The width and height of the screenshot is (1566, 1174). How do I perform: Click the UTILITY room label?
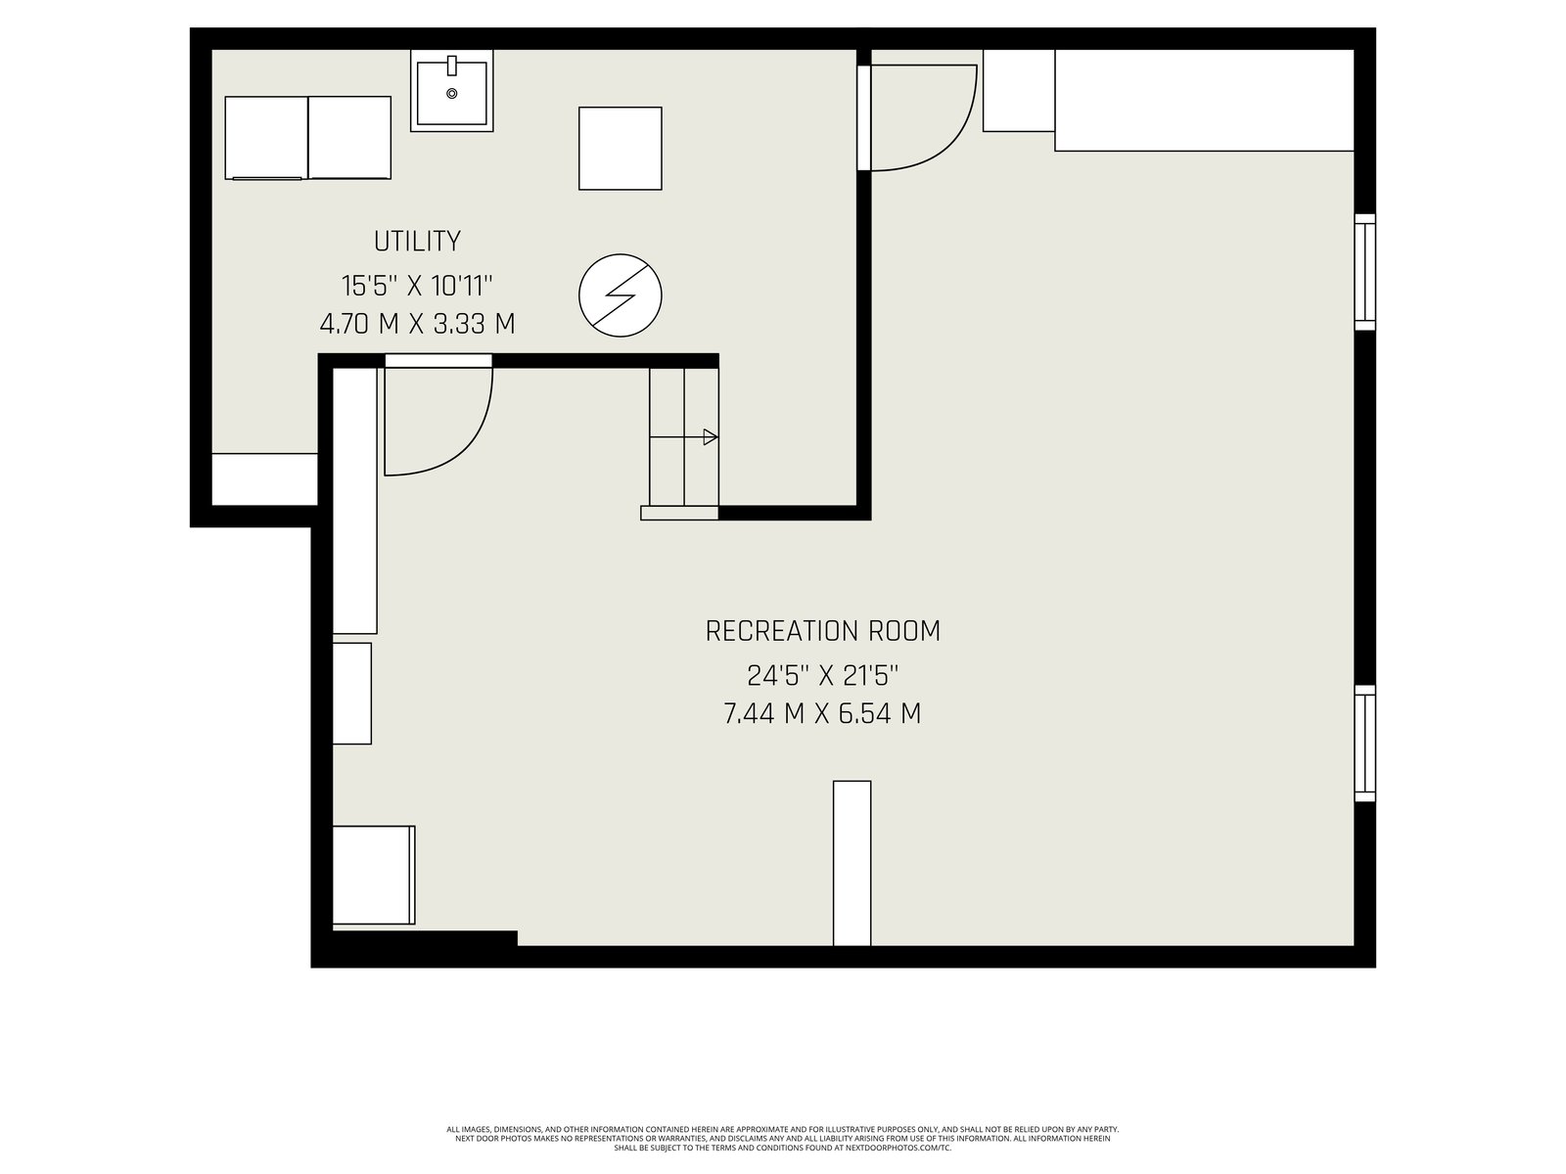click(x=417, y=242)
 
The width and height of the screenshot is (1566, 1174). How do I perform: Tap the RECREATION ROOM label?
click(x=822, y=632)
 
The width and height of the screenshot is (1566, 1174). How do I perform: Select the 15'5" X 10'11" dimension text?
click(x=417, y=287)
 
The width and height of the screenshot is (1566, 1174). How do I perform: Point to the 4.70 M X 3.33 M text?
click(x=417, y=325)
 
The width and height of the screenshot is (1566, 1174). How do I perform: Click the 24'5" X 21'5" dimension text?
click(x=822, y=676)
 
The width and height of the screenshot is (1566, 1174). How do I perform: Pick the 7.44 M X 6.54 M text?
click(x=822, y=713)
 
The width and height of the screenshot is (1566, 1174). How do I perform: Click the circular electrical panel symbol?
click(x=620, y=295)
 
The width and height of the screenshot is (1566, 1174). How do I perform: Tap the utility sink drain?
click(x=451, y=93)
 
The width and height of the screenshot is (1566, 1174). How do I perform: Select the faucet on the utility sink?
click(x=451, y=66)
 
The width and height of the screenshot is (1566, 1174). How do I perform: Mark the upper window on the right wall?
click(x=1364, y=272)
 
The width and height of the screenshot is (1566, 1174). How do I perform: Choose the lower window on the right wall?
click(x=1364, y=744)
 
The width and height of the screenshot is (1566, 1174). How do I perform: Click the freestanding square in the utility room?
click(x=620, y=149)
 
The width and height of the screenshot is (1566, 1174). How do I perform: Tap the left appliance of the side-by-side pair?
click(x=266, y=138)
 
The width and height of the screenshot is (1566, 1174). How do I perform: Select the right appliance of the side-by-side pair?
click(x=349, y=138)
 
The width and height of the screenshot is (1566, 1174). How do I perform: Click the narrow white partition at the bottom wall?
click(x=852, y=863)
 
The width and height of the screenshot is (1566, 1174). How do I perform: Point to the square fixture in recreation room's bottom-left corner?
click(x=374, y=876)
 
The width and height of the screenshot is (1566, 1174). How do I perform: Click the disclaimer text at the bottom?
click(x=783, y=1139)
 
